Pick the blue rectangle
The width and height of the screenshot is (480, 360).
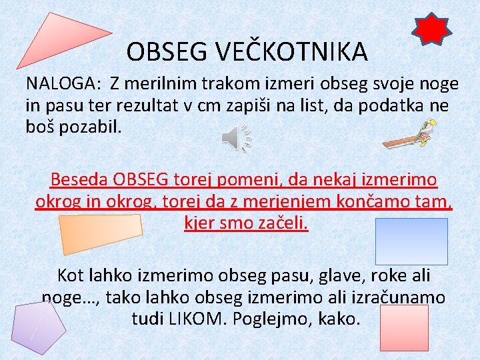411,241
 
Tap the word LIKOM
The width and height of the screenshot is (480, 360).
196,318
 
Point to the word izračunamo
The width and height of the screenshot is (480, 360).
395,297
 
